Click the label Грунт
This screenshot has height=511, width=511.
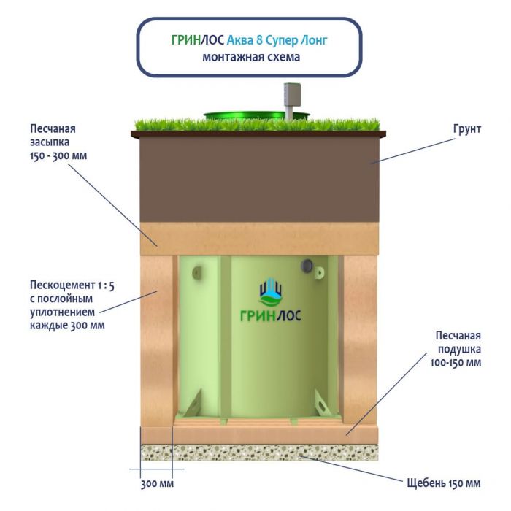(466, 128)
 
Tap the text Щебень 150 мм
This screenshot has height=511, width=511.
(443, 483)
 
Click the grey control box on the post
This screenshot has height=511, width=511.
(291, 94)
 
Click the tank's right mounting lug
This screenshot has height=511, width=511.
(319, 272)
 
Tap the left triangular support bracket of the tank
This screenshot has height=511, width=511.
(193, 403)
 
